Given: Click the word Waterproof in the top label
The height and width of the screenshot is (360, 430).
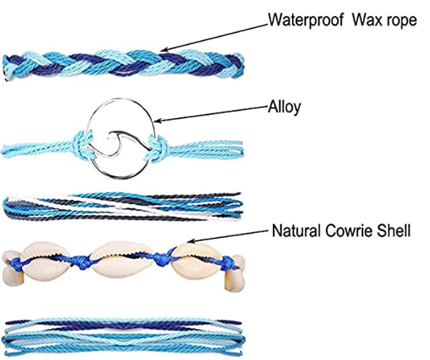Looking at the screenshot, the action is pyautogui.click(x=305, y=21).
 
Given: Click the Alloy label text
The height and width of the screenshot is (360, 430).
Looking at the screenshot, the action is pyautogui.click(x=285, y=107).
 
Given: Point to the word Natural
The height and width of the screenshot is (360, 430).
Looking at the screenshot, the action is pyautogui.click(x=296, y=231).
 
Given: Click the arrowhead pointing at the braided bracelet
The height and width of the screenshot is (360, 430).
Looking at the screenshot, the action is pyautogui.click(x=164, y=50).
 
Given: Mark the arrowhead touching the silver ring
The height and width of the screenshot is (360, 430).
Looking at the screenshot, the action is pyautogui.click(x=158, y=120).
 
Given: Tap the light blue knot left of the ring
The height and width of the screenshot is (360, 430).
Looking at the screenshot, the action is pyautogui.click(x=81, y=144).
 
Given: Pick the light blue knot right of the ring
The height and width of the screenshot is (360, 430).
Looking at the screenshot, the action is pyautogui.click(x=157, y=148).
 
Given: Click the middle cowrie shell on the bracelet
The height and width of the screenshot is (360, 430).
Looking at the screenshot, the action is pyautogui.click(x=122, y=260).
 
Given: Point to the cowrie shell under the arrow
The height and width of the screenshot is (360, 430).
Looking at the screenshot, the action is pyautogui.click(x=196, y=260).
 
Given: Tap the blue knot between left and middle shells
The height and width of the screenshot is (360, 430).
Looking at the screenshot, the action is pyautogui.click(x=81, y=261).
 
